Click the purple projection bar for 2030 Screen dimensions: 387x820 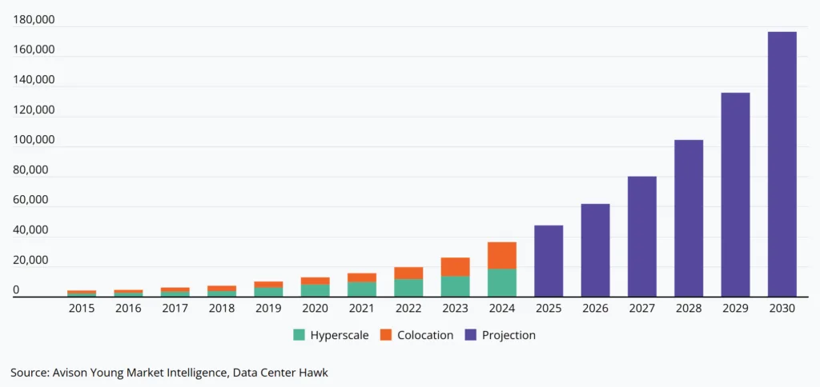(x=782, y=164)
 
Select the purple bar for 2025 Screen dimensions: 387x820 (x=549, y=261)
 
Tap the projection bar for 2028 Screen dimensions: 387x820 (x=689, y=218)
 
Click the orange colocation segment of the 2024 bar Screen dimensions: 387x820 (x=502, y=255)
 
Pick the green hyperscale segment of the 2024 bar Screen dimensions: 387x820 (x=502, y=282)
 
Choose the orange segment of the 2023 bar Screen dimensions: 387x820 (x=456, y=267)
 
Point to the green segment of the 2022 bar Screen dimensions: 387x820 (x=408, y=288)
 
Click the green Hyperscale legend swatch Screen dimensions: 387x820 (x=299, y=335)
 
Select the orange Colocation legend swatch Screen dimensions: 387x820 (x=384, y=335)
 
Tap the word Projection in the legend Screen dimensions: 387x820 (x=508, y=335)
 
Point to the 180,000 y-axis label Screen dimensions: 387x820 (x=34, y=20)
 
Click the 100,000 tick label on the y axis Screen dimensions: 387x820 (x=34, y=140)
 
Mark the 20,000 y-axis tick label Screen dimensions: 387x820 (x=34, y=261)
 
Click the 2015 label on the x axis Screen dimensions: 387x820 (x=81, y=309)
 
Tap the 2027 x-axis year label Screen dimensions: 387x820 (x=641, y=309)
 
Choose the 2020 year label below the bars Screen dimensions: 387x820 (x=315, y=309)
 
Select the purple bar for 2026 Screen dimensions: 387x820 (x=595, y=250)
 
